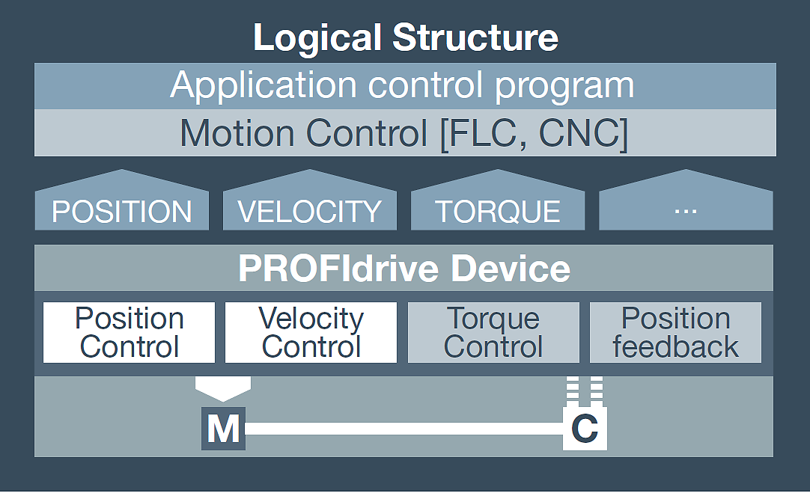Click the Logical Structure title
[406, 37]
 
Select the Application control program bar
[405, 86]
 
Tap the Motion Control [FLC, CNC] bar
[405, 132]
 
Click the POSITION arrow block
[122, 200]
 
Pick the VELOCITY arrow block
[310, 200]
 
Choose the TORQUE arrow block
[498, 200]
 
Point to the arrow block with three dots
[686, 200]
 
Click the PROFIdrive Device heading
[404, 269]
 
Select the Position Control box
[130, 332]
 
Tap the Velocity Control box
[311, 332]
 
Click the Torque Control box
[493, 332]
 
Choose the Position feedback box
[676, 332]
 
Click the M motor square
[223, 429]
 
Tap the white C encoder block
[585, 429]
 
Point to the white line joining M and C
[404, 429]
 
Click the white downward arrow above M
[223, 389]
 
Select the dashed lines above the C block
[585, 391]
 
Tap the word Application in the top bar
[264, 86]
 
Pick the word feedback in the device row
[676, 346]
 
